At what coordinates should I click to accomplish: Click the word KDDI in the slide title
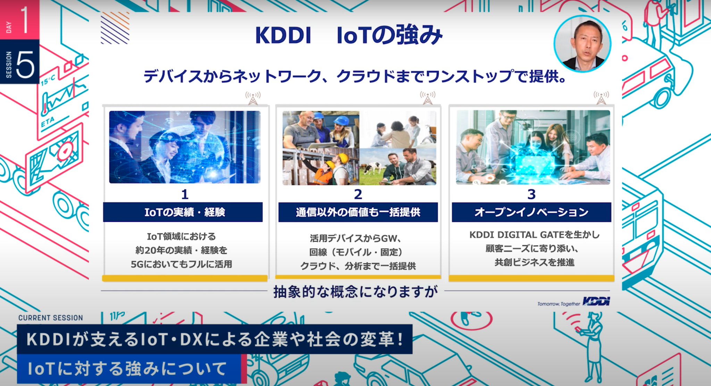(283, 35)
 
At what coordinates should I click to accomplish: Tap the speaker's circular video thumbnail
(582, 44)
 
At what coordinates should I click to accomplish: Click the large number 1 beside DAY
(25, 19)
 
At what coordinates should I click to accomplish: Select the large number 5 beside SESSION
(25, 65)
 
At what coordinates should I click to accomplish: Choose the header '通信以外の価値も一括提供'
(358, 212)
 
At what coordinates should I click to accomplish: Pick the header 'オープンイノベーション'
(531, 212)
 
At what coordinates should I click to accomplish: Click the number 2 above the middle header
(358, 194)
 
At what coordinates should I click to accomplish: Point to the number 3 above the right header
(531, 194)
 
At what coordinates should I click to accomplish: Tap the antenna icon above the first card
(253, 98)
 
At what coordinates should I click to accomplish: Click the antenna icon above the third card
(601, 98)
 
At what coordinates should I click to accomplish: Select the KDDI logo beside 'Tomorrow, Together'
(596, 301)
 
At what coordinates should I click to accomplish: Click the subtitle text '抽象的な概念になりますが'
(355, 292)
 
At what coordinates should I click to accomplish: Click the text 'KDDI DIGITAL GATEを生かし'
(534, 235)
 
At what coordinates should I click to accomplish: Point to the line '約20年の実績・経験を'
(181, 250)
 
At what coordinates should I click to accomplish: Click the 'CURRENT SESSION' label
(51, 318)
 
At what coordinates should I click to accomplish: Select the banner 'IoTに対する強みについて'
(128, 369)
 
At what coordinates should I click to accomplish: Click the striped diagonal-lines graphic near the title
(115, 28)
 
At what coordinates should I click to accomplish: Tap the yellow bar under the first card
(185, 278)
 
